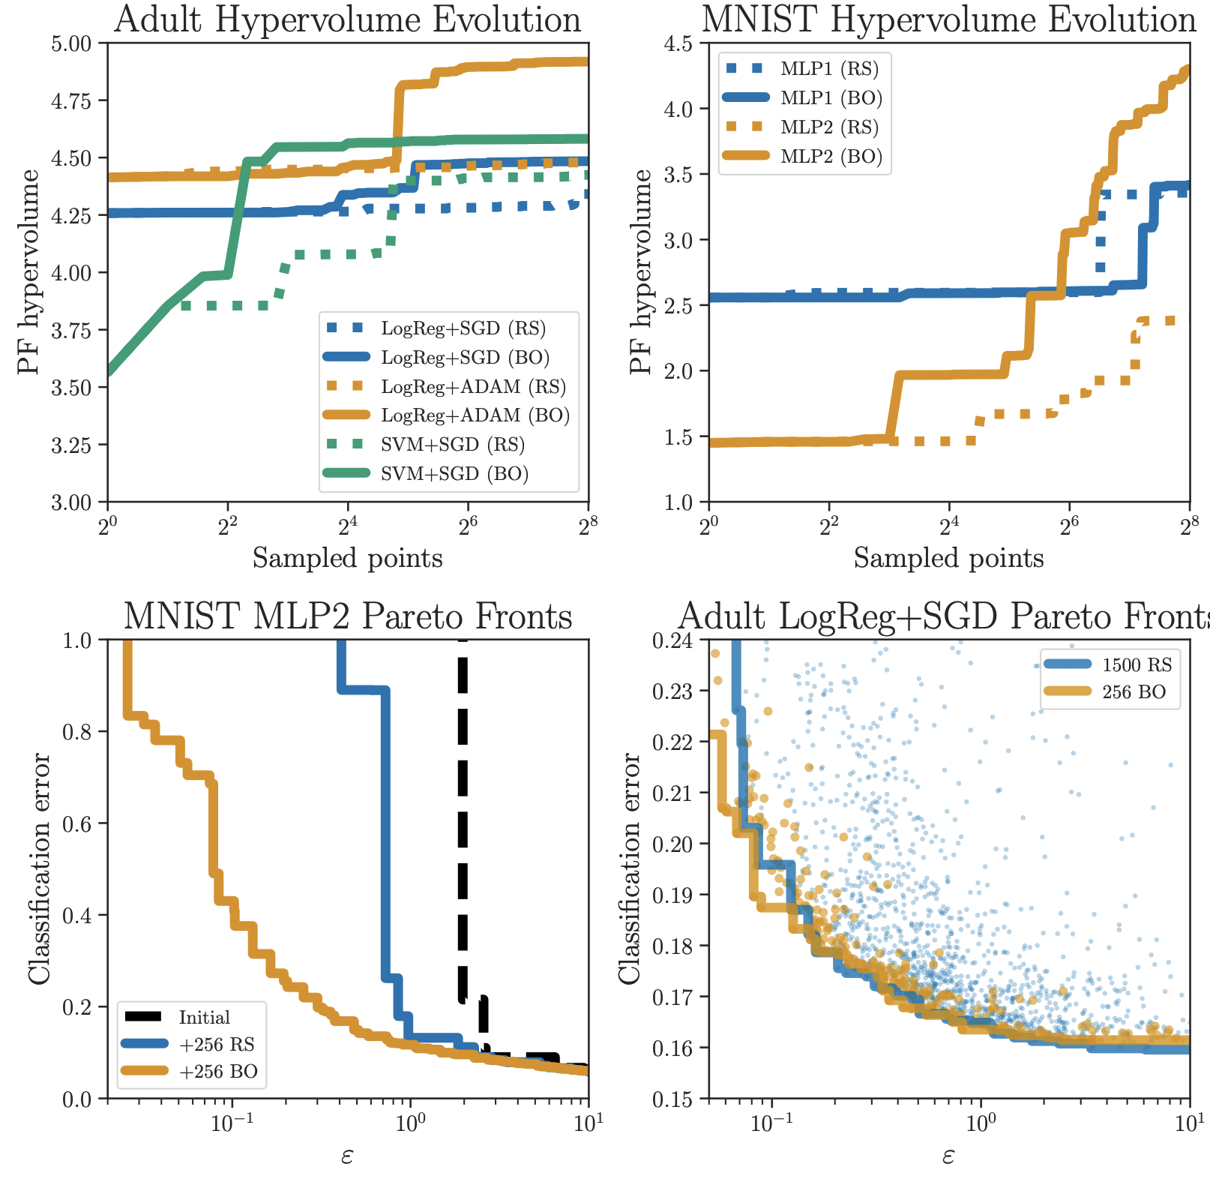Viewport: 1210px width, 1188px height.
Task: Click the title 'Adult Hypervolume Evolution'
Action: pyautogui.click(x=348, y=19)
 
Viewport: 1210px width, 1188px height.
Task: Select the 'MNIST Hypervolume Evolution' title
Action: pyautogui.click(x=949, y=19)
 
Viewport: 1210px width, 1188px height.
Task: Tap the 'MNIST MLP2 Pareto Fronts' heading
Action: pyautogui.click(x=348, y=616)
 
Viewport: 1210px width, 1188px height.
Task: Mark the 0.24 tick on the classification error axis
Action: pyautogui.click(x=672, y=640)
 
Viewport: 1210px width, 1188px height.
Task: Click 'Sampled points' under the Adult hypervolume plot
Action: pyautogui.click(x=348, y=559)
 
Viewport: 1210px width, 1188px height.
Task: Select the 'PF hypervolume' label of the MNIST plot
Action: pyautogui.click(x=641, y=271)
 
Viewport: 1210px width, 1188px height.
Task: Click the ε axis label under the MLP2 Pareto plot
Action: pyautogui.click(x=347, y=1156)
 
